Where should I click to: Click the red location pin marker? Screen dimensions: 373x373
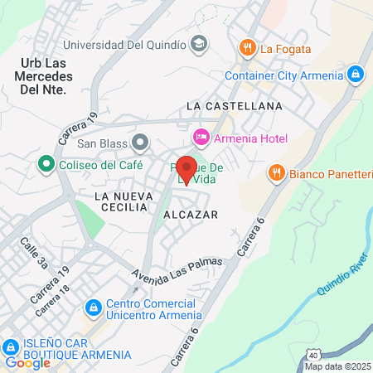(x=186, y=168)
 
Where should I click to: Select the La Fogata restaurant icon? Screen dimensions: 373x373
(x=246, y=48)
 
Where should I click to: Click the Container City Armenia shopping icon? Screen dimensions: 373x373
(x=355, y=75)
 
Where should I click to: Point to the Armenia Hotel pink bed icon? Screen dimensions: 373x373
(x=201, y=136)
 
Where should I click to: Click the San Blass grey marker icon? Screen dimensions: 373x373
(x=140, y=143)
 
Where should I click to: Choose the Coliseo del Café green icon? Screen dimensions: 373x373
(x=46, y=164)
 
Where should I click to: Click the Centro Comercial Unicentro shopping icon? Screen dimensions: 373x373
(x=94, y=308)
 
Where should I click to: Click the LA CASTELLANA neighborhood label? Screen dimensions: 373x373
(x=235, y=106)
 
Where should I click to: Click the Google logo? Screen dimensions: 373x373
(x=27, y=362)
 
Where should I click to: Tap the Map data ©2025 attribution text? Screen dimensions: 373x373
(x=337, y=366)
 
